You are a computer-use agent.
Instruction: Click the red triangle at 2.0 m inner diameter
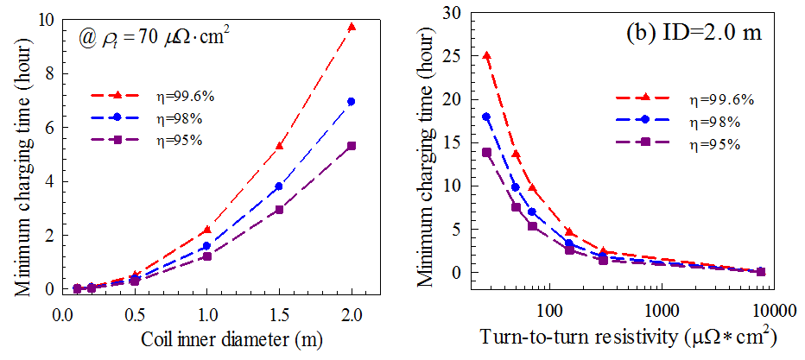point(351,28)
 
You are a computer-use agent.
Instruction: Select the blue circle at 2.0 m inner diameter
point(351,102)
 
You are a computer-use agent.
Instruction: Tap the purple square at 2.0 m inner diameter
point(351,146)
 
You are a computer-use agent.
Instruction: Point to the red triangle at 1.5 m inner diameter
point(278,146)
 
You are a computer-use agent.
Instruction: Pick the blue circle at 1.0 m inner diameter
point(206,246)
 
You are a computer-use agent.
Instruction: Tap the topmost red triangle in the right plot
point(487,55)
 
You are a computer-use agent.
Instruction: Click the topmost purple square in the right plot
point(487,153)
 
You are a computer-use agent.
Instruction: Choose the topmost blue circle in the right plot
point(487,117)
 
